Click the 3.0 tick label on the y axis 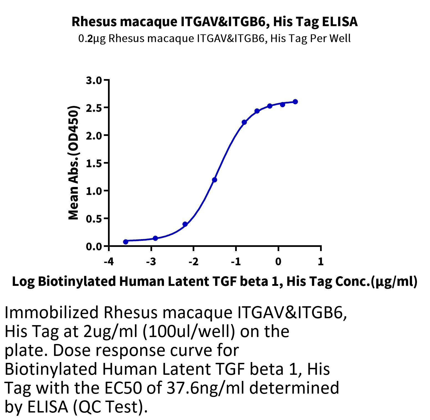click(x=94, y=80)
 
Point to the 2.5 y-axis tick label click(x=94, y=108)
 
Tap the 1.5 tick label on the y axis click(x=94, y=163)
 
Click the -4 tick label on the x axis click(x=109, y=261)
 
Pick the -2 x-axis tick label click(x=193, y=261)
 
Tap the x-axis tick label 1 click(x=321, y=261)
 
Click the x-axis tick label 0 click(x=278, y=261)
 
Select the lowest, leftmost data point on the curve click(x=126, y=242)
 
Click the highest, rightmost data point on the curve click(x=295, y=102)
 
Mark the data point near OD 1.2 click(x=215, y=180)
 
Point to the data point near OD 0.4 click(x=185, y=224)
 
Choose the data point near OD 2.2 click(x=244, y=122)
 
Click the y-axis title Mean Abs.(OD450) click(x=74, y=163)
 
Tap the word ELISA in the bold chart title click(x=340, y=22)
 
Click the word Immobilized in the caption click(x=52, y=313)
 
